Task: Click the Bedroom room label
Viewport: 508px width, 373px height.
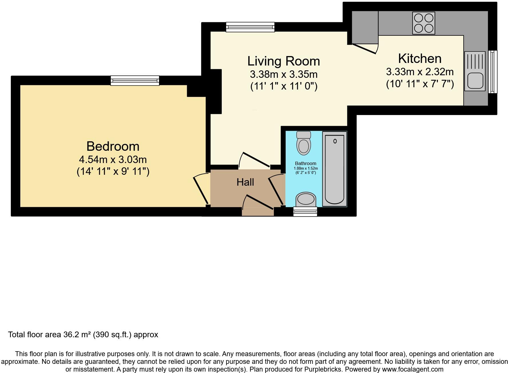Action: [x=113, y=146]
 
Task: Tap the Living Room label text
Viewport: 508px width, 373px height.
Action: [x=283, y=61]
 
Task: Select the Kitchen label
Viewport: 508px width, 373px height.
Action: [x=420, y=59]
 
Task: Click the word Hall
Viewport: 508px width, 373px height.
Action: [x=245, y=182]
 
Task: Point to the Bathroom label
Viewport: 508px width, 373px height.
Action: [x=305, y=163]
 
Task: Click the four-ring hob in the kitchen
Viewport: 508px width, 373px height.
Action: [x=424, y=23]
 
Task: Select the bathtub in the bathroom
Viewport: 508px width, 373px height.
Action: [x=334, y=169]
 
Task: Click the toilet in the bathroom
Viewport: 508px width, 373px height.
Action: [x=304, y=143]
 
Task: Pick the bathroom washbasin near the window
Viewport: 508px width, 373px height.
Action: [x=306, y=199]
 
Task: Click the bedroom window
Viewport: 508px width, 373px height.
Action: [x=135, y=80]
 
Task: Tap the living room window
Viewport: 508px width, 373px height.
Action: [x=250, y=27]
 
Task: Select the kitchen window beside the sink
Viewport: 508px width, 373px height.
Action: [x=493, y=72]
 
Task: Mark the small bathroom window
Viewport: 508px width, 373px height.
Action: [x=305, y=212]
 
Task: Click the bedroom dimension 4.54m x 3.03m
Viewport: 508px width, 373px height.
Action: [x=113, y=159]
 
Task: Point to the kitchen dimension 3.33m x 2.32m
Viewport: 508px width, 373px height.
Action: [x=420, y=72]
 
